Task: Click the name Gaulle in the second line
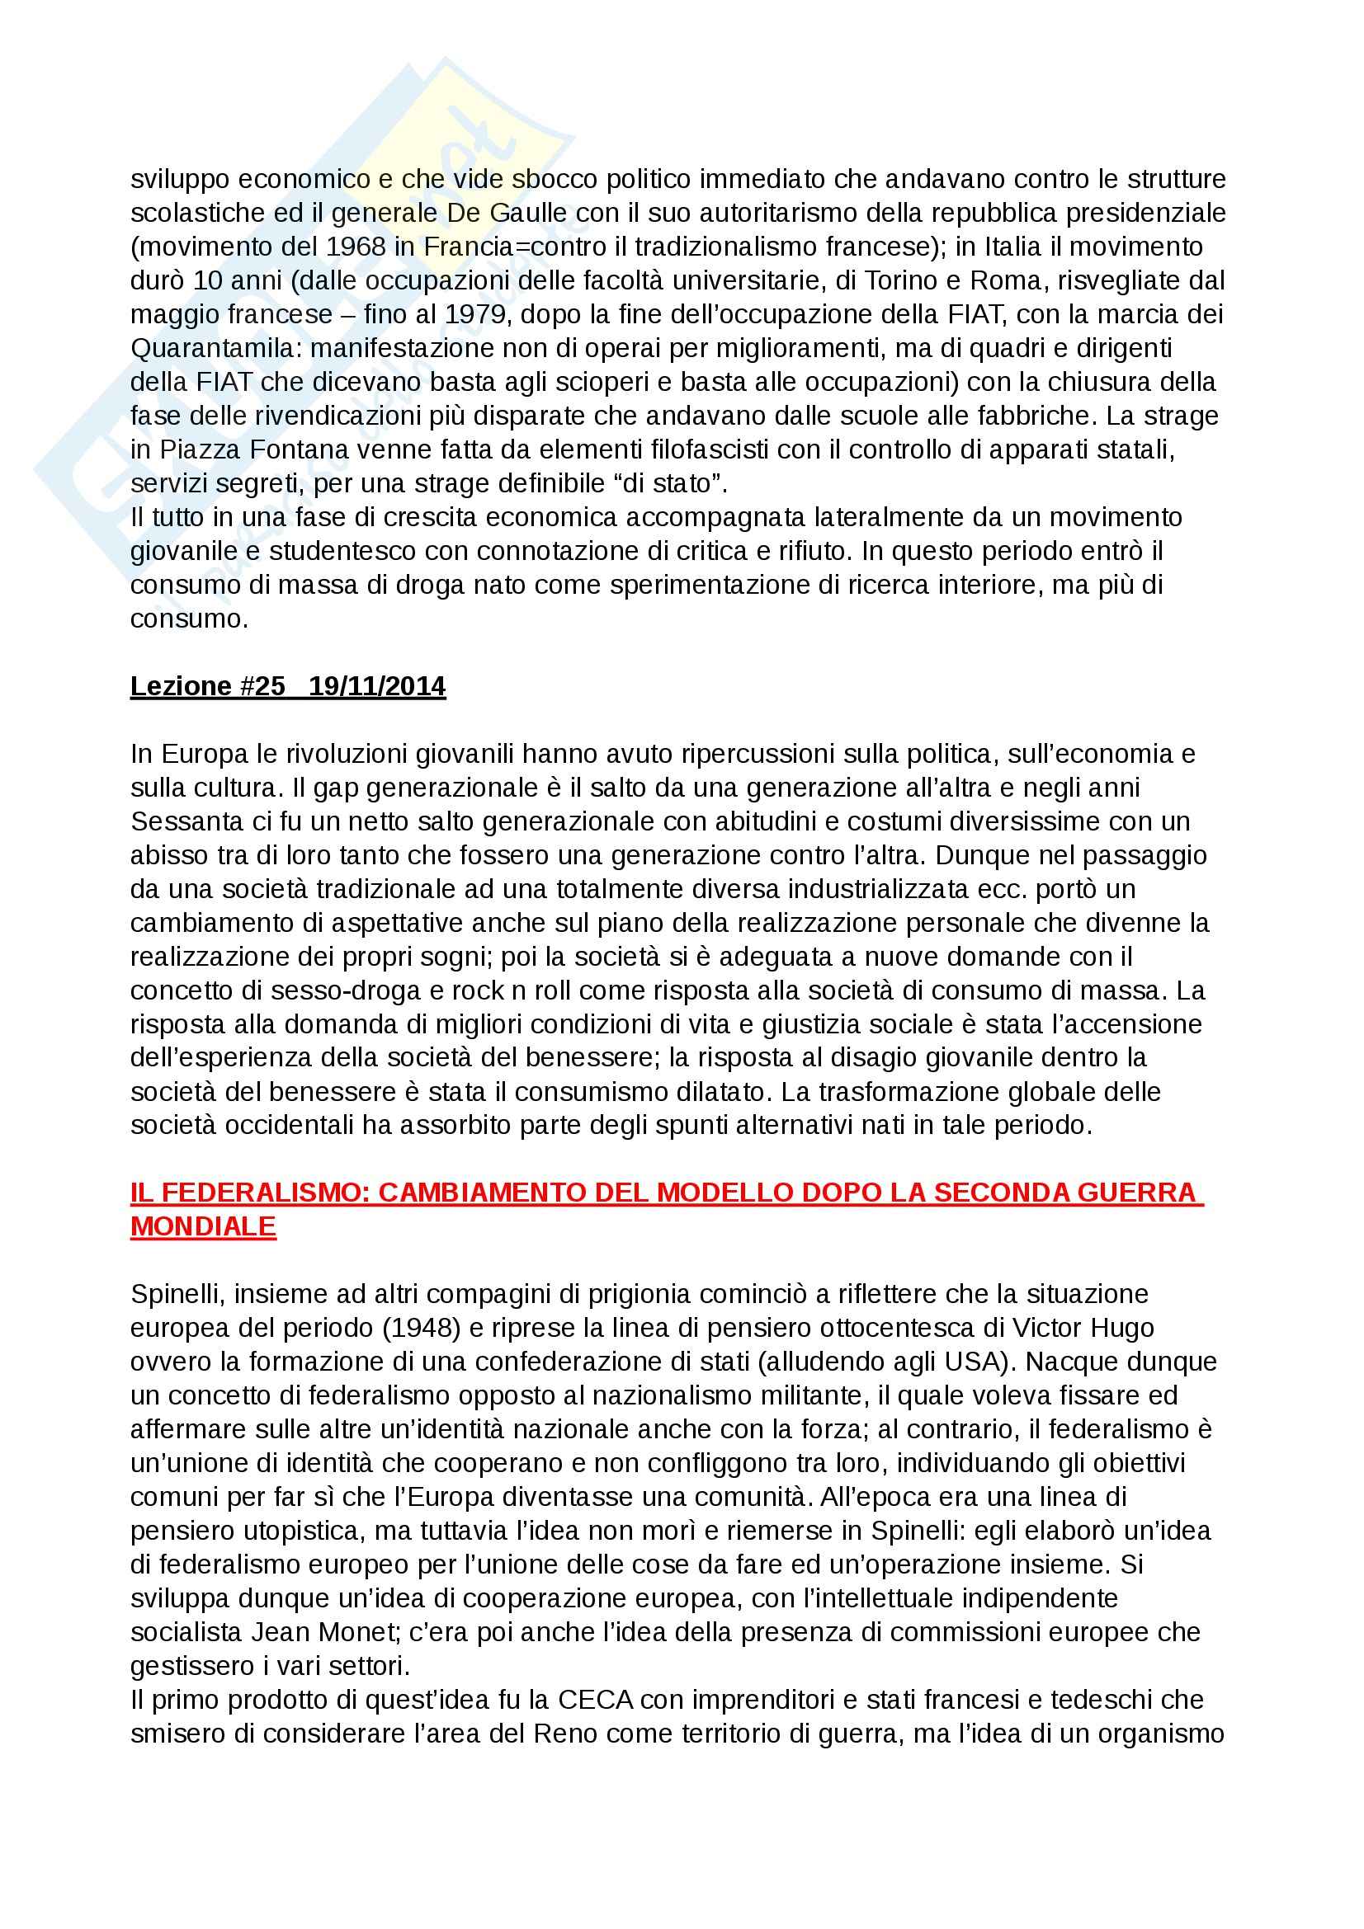[527, 213]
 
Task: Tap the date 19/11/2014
[377, 686]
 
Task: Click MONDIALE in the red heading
[202, 1226]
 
